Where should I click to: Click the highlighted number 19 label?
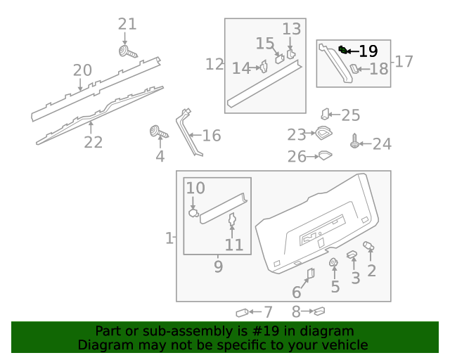(x=368, y=51)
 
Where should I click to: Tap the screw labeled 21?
(x=127, y=53)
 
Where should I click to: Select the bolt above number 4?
(x=157, y=131)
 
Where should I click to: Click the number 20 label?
(x=82, y=70)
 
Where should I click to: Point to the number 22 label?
(x=94, y=142)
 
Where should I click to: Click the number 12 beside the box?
(x=214, y=65)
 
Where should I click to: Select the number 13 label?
(x=292, y=30)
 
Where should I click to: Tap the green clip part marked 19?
(x=342, y=49)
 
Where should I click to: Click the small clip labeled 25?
(x=326, y=113)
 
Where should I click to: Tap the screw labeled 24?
(x=355, y=143)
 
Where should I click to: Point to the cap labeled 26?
(x=324, y=156)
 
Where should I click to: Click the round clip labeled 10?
(x=193, y=211)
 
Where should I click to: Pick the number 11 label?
(x=233, y=245)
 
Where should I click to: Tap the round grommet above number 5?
(x=334, y=264)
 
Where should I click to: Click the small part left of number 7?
(x=243, y=312)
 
